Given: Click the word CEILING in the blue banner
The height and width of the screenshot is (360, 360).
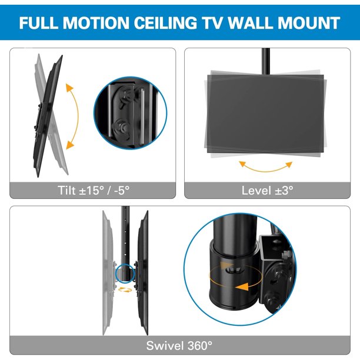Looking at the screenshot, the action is [x=165, y=23].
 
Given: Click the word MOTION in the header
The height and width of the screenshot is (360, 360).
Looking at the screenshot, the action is [x=96, y=23].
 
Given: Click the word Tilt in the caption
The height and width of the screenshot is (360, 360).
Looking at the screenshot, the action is [x=66, y=191].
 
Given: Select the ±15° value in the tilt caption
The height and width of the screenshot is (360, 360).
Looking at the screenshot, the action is [x=92, y=191].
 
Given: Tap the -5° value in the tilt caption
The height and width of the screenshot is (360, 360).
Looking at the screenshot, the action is [x=121, y=191].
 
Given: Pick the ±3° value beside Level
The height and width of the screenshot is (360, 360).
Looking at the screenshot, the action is [x=284, y=191].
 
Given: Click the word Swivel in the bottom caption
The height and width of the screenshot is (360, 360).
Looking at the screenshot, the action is [x=165, y=345].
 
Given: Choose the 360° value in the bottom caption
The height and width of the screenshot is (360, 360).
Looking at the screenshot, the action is [x=200, y=345].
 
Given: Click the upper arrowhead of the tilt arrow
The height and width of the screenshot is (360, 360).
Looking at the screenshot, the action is [x=69, y=88].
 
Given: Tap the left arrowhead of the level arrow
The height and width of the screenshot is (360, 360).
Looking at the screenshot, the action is [x=243, y=164].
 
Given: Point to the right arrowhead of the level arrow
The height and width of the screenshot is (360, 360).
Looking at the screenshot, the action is [x=289, y=164].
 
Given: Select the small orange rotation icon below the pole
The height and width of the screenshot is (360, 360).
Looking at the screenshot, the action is [x=125, y=290].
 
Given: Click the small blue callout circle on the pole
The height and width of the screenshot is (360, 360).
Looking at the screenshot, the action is [x=125, y=273].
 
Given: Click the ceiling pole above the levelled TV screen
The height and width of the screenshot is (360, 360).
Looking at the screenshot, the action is [x=266, y=61].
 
